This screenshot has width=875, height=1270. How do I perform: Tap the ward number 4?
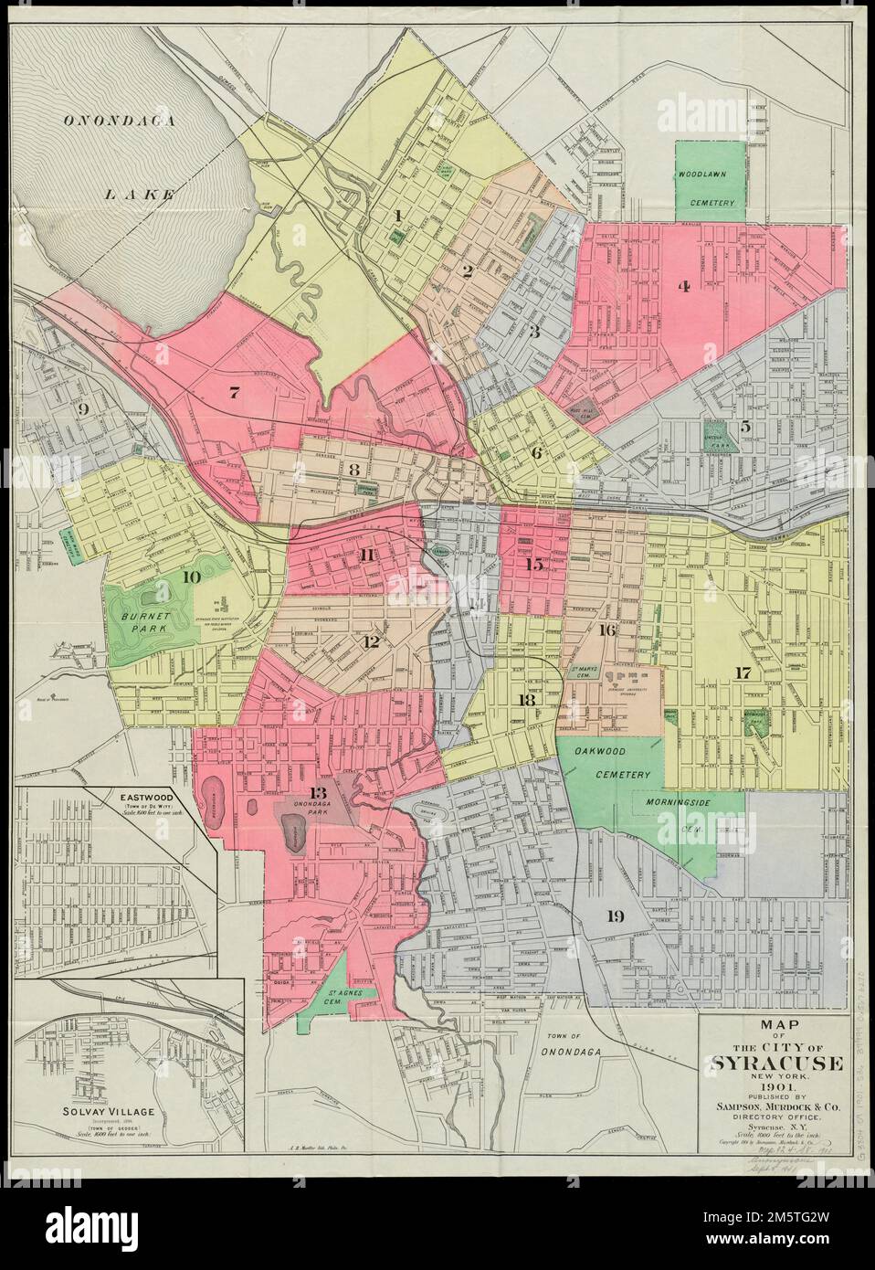pos(682,286)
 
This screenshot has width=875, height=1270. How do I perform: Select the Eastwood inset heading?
pos(148,795)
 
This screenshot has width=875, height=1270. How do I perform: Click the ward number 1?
pos(397,216)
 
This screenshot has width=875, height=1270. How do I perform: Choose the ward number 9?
pos(83,410)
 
